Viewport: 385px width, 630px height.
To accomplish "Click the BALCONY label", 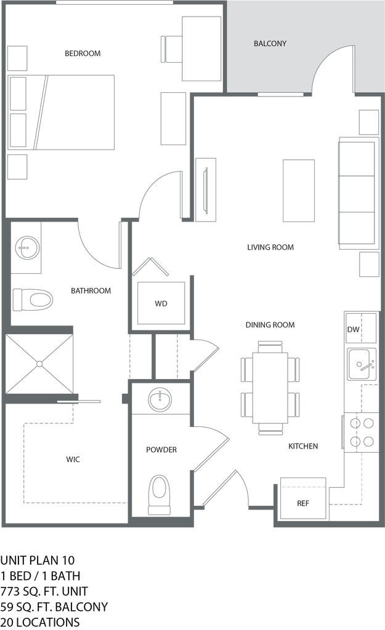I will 270,44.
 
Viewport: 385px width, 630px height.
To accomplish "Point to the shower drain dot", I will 39,364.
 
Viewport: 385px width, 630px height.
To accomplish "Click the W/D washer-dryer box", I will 160,303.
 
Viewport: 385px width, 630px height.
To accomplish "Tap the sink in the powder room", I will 160,399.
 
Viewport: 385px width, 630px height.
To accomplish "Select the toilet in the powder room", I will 159,491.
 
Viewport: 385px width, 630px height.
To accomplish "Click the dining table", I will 270,387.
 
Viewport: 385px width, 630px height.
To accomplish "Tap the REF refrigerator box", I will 302,501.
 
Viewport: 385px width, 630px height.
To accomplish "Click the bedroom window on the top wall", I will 114,3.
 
